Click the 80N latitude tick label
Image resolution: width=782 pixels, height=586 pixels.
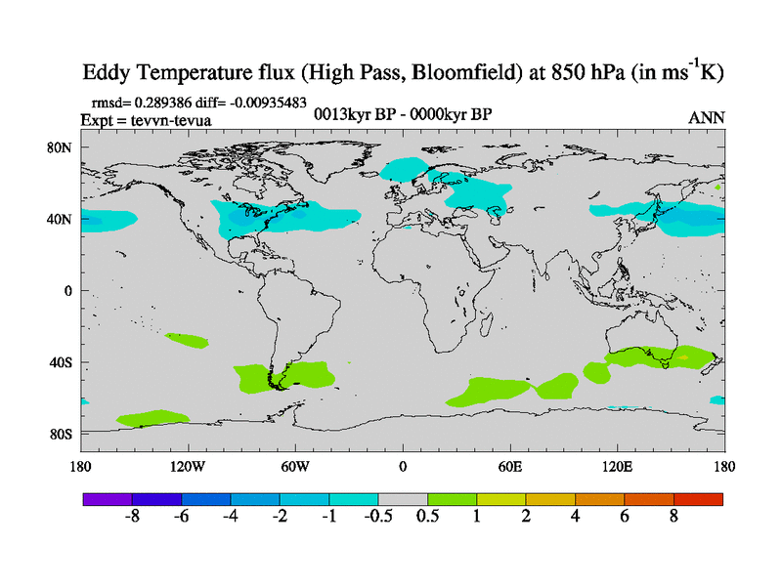[63, 147]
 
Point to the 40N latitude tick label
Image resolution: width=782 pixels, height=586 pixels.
[63, 219]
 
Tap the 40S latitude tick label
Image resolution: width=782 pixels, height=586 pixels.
[63, 362]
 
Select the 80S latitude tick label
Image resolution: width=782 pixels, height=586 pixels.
[63, 434]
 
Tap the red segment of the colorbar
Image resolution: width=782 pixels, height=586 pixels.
[698, 498]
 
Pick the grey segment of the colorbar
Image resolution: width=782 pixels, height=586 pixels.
[403, 498]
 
